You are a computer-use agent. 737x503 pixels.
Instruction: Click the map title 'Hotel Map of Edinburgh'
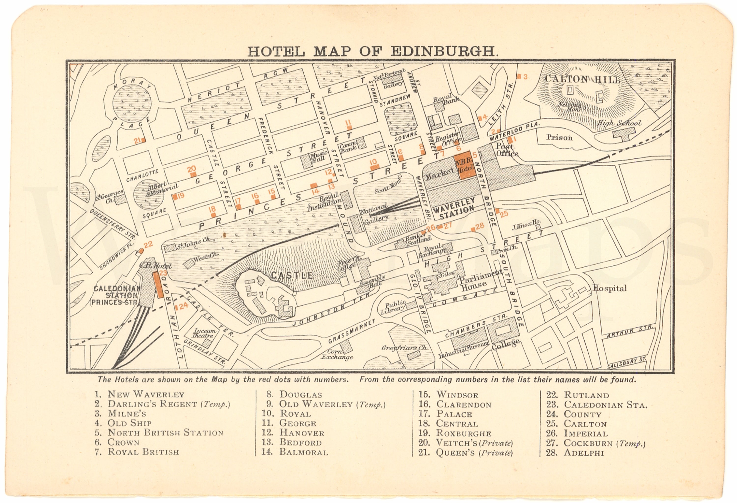[x=373, y=51]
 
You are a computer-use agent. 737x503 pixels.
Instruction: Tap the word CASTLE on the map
[x=292, y=275]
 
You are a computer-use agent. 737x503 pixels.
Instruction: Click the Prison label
[x=559, y=138]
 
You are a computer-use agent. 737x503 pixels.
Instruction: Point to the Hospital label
[x=609, y=288]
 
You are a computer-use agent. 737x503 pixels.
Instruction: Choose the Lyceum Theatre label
[x=205, y=333]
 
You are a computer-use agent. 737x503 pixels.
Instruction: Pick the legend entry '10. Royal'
[x=286, y=414]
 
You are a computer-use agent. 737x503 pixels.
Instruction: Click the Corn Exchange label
[x=337, y=354]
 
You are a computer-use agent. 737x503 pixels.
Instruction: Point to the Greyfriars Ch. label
[x=404, y=348]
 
